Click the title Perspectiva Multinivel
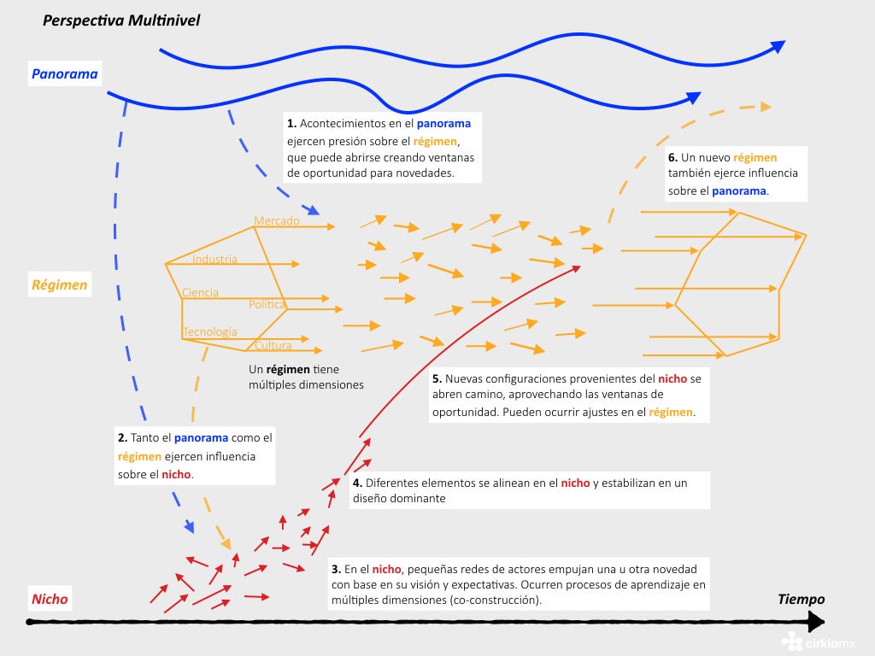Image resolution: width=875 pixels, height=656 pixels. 121,20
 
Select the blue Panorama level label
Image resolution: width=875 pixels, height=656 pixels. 65,73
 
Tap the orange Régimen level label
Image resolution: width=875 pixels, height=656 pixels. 60,284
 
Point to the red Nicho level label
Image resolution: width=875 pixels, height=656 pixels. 50,599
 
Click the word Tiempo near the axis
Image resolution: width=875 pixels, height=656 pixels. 802,599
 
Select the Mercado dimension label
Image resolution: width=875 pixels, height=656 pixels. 277,221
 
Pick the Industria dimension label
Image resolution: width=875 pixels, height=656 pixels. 214,259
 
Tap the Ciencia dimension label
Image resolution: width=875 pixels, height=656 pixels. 200,292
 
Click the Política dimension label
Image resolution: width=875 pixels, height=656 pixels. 267,304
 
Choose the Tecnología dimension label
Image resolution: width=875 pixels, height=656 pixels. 210,332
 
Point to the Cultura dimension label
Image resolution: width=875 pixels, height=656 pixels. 273,345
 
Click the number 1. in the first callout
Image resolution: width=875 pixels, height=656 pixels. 292,123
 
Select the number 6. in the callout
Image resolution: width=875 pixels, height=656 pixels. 673,157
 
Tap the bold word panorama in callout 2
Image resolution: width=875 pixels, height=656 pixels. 201,438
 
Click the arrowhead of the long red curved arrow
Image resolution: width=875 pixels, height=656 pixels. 577,269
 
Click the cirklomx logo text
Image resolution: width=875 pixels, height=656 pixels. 831,644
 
